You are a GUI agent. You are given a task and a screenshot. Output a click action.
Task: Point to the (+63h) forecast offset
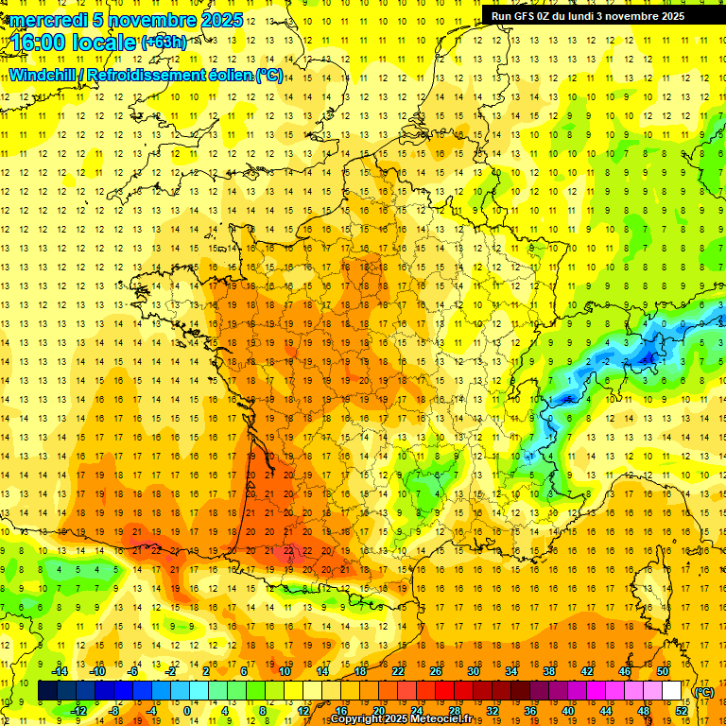(164, 43)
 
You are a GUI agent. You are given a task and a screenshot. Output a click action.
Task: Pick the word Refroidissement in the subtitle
(144, 75)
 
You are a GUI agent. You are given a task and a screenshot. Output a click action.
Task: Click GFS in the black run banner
(527, 16)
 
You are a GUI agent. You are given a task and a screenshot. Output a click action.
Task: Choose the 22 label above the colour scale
(399, 670)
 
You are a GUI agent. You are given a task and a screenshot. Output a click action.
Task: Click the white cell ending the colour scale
(671, 691)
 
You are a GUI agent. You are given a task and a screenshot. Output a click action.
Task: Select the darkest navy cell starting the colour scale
(47, 691)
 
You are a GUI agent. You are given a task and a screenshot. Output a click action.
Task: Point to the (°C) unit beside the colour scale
(704, 691)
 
